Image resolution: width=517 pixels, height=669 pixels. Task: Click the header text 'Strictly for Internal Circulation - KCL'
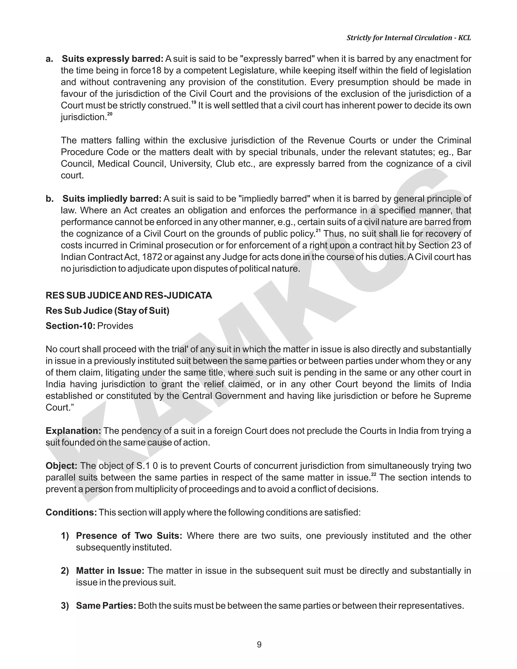click(x=409, y=38)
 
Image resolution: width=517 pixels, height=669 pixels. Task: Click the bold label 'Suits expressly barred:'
click(x=112, y=59)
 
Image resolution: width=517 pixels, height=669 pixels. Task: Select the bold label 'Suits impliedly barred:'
click(x=112, y=199)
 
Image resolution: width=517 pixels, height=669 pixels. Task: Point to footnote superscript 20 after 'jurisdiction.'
click(x=110, y=114)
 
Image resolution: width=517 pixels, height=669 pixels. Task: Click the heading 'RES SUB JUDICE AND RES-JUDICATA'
click(x=129, y=296)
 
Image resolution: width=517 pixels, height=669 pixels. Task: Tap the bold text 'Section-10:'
click(x=70, y=326)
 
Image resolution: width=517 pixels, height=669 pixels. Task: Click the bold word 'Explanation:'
click(x=73, y=431)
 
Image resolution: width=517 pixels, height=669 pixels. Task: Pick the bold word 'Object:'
click(x=61, y=466)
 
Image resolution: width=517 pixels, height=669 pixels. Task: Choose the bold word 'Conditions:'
click(x=71, y=512)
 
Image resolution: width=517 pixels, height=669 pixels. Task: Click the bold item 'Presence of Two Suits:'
click(x=129, y=536)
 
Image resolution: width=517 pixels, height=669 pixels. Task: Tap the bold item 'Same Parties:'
click(x=106, y=606)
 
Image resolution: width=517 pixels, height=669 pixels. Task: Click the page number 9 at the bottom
click(x=259, y=645)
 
